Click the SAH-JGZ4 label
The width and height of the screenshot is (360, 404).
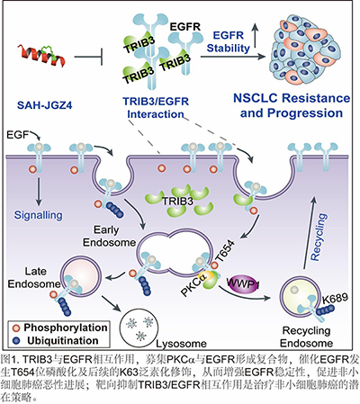(x=45, y=105)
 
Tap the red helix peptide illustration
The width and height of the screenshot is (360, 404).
(x=41, y=55)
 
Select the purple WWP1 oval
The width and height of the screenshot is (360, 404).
(x=242, y=283)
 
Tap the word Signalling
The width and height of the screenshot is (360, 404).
(x=39, y=215)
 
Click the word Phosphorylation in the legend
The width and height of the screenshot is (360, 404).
(x=66, y=328)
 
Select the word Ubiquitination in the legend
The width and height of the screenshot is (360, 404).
(x=63, y=341)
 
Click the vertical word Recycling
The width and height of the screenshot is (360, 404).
(x=318, y=237)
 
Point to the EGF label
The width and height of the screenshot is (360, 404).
(x=17, y=135)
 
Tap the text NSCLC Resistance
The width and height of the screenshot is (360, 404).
(x=292, y=98)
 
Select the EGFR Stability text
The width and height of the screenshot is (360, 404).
(x=229, y=41)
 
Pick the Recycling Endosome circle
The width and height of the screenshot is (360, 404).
(x=301, y=297)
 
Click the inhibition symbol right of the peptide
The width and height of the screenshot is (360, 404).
(x=88, y=57)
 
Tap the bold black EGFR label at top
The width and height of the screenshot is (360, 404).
(x=184, y=27)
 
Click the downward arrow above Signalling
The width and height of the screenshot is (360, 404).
(x=39, y=192)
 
